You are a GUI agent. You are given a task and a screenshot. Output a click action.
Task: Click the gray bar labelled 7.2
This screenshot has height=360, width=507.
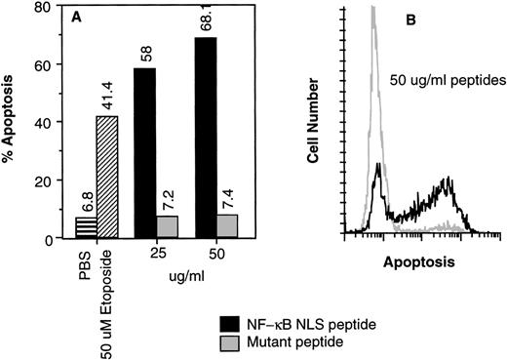[170, 227]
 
